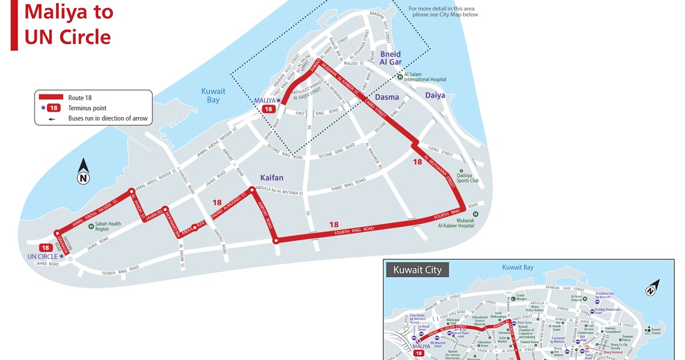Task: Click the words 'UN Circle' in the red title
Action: (67, 37)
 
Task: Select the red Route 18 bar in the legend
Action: (50, 98)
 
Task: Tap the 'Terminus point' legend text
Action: (87, 108)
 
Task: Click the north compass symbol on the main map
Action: (84, 172)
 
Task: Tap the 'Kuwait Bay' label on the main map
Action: (213, 95)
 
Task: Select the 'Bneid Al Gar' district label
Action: (390, 58)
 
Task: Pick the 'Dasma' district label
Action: (387, 97)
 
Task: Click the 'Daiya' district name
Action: (435, 95)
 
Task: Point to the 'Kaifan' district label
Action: (271, 177)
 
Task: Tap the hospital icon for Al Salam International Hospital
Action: (400, 76)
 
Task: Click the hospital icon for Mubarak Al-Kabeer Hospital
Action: (475, 214)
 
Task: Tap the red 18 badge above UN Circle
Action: (46, 248)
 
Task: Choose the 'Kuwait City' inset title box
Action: (417, 270)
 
